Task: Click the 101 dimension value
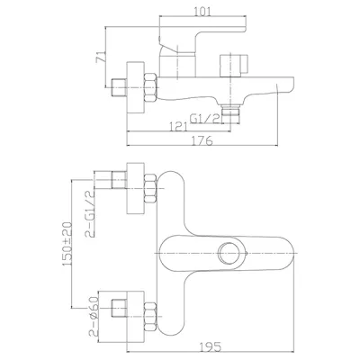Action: pyautogui.click(x=202, y=12)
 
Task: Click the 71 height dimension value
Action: pyautogui.click(x=101, y=57)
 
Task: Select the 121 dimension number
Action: pyautogui.click(x=178, y=127)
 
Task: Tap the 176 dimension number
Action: pyautogui.click(x=202, y=140)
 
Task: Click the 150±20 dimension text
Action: pyautogui.click(x=67, y=244)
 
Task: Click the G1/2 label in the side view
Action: pyautogui.click(x=206, y=119)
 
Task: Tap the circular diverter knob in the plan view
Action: pyautogui.click(x=228, y=253)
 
